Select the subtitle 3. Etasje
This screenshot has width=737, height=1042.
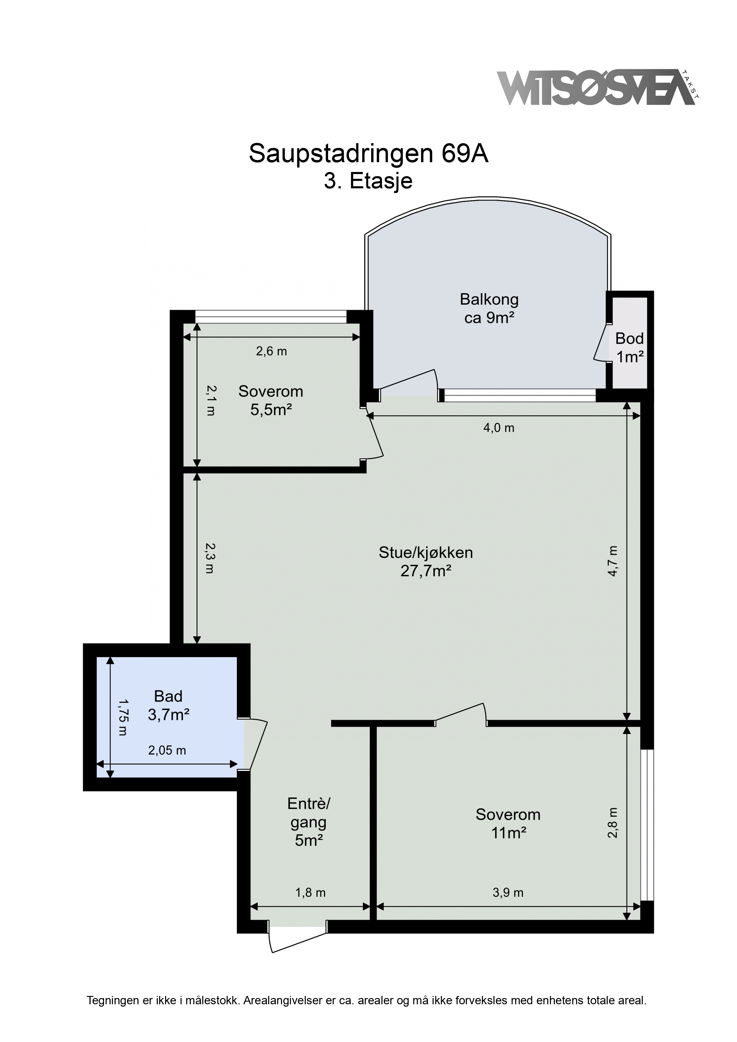(368, 181)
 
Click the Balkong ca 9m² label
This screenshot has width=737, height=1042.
(489, 309)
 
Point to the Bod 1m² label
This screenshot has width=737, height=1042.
(629, 348)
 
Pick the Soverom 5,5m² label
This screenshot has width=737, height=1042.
(271, 400)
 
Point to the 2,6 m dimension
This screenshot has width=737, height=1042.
(272, 351)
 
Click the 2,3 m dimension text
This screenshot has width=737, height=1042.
(209, 558)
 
